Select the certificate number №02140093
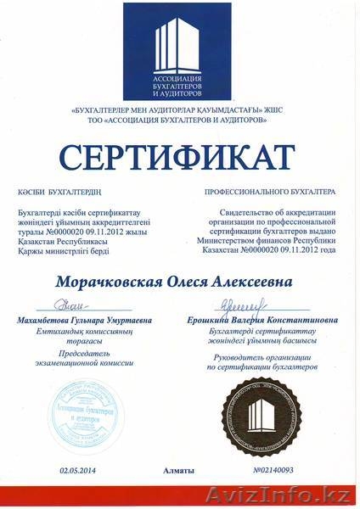[275, 467]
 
